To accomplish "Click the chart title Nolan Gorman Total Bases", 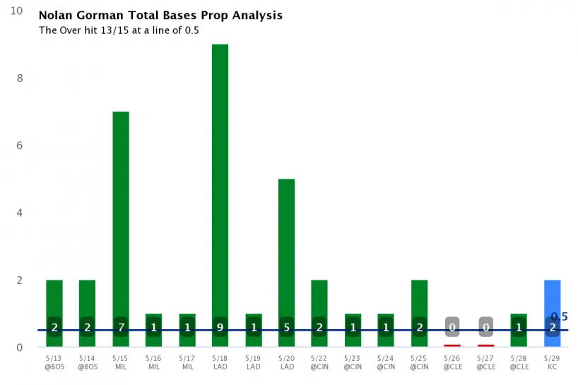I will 160,16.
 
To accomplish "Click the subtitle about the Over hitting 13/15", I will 119,30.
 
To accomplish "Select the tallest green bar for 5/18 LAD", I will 220,177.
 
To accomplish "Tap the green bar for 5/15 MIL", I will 121,212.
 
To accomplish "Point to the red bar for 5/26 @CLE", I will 452,345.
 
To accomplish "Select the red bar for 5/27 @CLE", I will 485,345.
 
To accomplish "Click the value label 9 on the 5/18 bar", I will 220,327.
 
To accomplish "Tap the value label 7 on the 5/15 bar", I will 121,327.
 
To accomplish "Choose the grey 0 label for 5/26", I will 452,327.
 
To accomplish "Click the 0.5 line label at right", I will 559,317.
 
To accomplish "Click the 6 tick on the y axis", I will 20,146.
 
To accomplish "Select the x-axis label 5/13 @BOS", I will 54,362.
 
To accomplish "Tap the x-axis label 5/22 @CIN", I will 319,362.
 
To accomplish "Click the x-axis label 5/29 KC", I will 553,362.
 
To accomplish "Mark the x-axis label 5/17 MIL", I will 187,362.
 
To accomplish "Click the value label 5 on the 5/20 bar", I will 286,327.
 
